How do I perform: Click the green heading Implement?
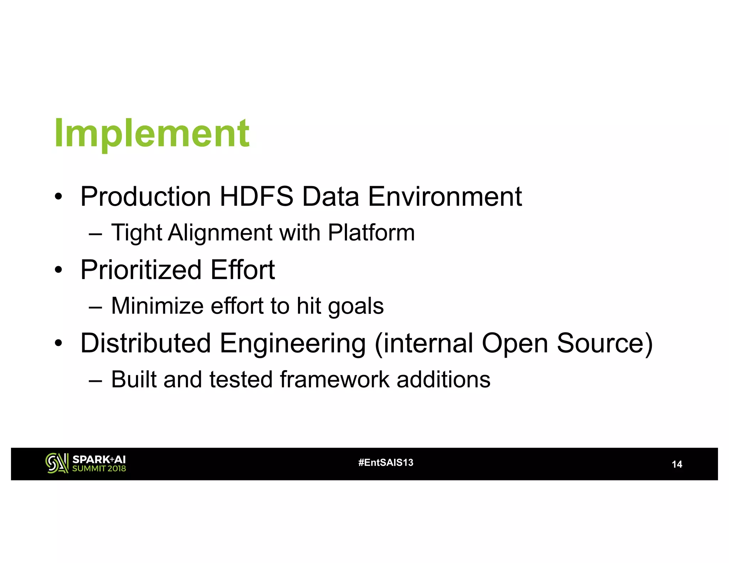click(x=152, y=133)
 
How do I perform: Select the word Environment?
click(x=445, y=196)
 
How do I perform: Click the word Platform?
click(x=371, y=233)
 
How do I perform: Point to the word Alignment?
click(x=220, y=233)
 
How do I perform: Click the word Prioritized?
click(x=141, y=270)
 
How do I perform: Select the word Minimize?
click(x=157, y=306)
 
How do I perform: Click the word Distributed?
click(x=146, y=343)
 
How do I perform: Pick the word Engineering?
click(x=293, y=344)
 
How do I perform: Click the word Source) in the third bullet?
click(x=604, y=343)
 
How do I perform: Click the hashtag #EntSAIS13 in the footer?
click(x=386, y=463)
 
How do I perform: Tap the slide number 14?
click(x=676, y=464)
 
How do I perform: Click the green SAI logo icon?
click(x=57, y=463)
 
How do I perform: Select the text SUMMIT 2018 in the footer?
click(x=99, y=469)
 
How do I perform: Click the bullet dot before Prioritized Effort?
click(x=58, y=270)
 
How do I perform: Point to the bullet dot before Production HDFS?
click(x=58, y=197)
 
